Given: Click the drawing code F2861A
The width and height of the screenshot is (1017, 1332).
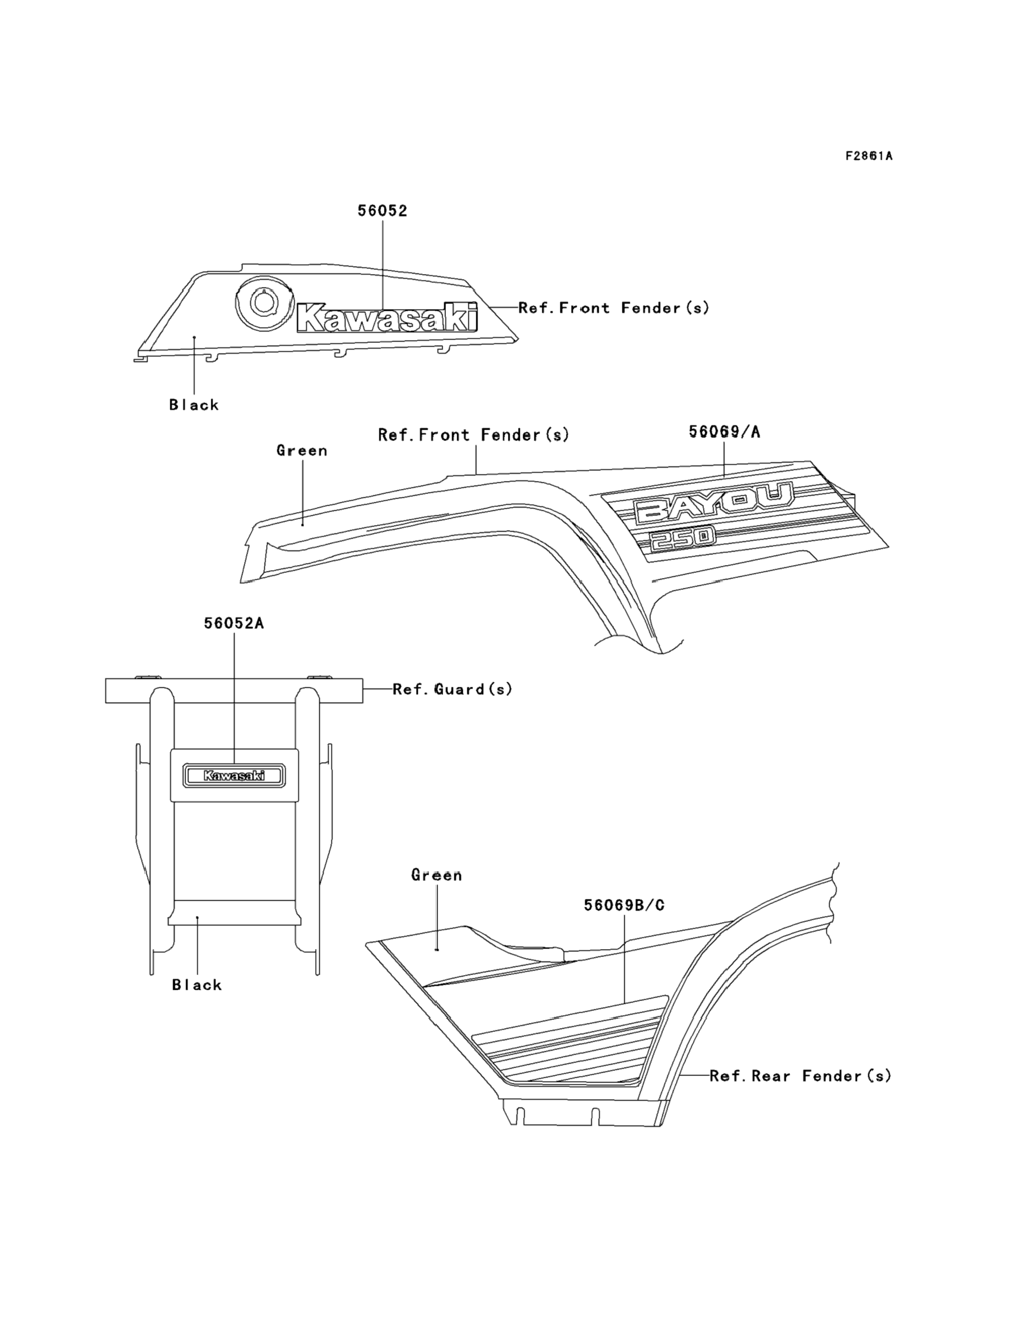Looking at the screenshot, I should (x=869, y=156).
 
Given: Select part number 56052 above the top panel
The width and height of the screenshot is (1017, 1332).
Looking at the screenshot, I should (x=382, y=211).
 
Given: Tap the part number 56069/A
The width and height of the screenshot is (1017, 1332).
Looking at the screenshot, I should (x=724, y=432).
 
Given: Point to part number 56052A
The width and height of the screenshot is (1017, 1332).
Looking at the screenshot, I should (x=233, y=623).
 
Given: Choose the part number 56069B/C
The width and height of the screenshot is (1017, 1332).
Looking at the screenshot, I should (x=624, y=905).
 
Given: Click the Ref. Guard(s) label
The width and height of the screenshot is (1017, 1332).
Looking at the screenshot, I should (x=452, y=689).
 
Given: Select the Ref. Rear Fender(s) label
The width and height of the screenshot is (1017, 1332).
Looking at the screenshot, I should (x=801, y=1076).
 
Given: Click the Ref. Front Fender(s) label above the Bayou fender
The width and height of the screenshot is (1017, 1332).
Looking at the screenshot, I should (x=474, y=435).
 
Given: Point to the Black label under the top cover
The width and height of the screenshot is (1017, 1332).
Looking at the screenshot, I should (x=194, y=405).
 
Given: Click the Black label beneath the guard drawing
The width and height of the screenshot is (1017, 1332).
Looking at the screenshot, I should (x=197, y=985).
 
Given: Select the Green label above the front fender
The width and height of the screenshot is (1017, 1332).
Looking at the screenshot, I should (x=302, y=451).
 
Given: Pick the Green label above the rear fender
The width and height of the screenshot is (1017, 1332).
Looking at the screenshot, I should (x=436, y=875).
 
